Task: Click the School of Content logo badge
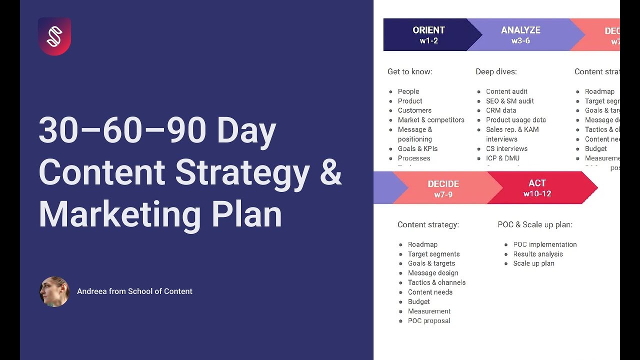[x=54, y=36]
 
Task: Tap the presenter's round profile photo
[x=54, y=291]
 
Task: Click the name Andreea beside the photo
[x=91, y=291]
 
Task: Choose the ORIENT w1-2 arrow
[x=428, y=35]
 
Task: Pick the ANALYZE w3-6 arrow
[x=521, y=35]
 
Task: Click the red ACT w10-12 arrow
[x=537, y=188]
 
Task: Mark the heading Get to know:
[x=409, y=71]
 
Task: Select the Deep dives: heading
[x=496, y=71]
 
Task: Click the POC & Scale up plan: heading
[x=535, y=224]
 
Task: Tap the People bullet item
[x=408, y=91]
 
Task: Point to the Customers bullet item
[x=414, y=110]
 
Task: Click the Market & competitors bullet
[x=431, y=120]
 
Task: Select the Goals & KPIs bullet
[x=417, y=148]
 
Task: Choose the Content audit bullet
[x=506, y=91]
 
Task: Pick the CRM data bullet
[x=501, y=110]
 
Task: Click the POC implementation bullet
[x=545, y=244]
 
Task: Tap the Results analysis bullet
[x=538, y=254]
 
